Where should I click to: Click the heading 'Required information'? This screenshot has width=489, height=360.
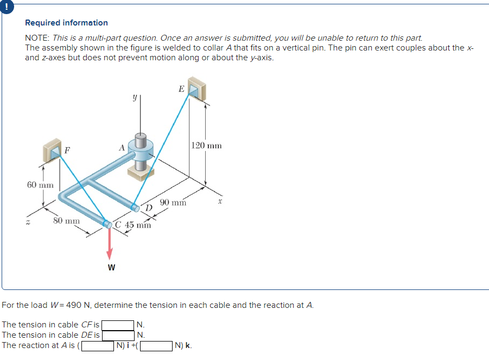pyautogui.click(x=66, y=23)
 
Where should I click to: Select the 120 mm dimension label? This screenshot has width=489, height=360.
pyautogui.click(x=206, y=146)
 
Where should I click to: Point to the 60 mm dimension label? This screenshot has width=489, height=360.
pyautogui.click(x=40, y=185)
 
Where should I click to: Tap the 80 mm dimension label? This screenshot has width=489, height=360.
pyautogui.click(x=66, y=221)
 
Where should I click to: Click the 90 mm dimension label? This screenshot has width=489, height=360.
pyautogui.click(x=173, y=203)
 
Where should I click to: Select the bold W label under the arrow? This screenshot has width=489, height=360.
pyautogui.click(x=111, y=268)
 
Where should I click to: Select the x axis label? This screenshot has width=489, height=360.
pyautogui.click(x=220, y=201)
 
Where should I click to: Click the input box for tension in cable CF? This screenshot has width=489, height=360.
pyautogui.click(x=118, y=325)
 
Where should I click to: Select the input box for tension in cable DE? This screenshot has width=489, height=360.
pyautogui.click(x=118, y=335)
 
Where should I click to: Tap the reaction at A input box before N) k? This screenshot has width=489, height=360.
pyautogui.click(x=157, y=345)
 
